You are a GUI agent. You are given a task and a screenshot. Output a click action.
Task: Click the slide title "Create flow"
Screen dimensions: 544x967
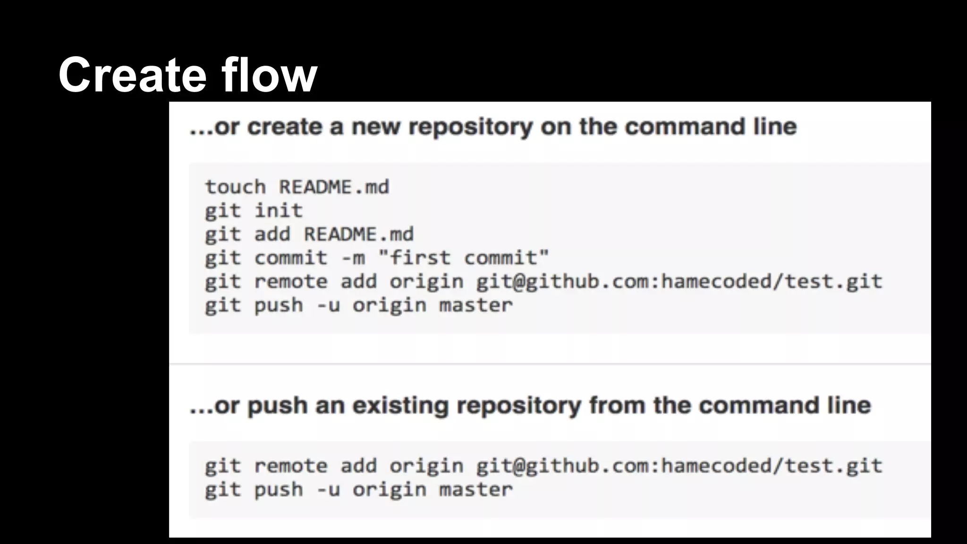(188, 75)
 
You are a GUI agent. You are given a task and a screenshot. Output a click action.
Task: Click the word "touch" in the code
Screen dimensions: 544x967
(235, 187)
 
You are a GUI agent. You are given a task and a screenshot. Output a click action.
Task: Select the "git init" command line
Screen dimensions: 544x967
(254, 211)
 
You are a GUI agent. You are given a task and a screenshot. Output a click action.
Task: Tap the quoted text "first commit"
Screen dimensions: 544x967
(464, 258)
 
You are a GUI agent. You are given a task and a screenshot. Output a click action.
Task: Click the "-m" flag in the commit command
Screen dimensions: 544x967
(353, 258)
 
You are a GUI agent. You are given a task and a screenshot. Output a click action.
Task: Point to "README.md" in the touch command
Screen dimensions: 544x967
(334, 187)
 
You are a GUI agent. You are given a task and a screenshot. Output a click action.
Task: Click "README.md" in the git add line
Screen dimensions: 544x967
(358, 234)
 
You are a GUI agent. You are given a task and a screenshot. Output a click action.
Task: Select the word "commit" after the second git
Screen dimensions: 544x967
(290, 258)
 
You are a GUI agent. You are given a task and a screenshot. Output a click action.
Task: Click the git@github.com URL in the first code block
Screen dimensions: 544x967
(679, 281)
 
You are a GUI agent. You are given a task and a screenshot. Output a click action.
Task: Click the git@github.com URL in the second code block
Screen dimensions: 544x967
(679, 466)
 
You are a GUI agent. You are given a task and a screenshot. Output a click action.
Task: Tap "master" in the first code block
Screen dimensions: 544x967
(475, 305)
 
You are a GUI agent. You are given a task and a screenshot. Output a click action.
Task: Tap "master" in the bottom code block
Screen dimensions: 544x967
(475, 490)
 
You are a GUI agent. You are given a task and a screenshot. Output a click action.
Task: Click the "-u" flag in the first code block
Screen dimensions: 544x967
(328, 305)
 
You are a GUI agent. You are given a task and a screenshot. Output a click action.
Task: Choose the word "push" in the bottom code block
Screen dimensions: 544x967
(279, 490)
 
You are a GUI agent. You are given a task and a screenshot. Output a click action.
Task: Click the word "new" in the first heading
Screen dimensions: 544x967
(376, 127)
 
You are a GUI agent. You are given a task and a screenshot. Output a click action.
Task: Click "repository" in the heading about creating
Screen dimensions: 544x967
(470, 127)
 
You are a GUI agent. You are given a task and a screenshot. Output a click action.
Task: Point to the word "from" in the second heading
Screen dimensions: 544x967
(617, 405)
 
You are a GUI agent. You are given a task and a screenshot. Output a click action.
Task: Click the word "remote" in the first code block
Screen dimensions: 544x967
(290, 281)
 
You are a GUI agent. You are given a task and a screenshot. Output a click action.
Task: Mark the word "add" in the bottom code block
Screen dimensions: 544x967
(358, 466)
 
